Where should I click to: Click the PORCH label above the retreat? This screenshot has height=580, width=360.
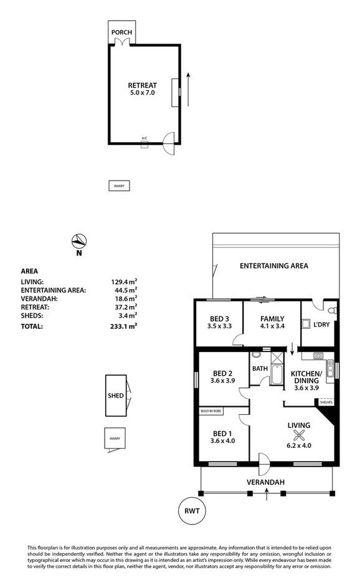click(121, 32)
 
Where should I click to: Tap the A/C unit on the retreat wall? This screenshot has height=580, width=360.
click(144, 145)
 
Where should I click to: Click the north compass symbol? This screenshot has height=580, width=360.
click(79, 242)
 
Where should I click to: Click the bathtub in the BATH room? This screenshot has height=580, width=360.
click(277, 377)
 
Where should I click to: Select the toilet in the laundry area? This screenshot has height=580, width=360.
click(331, 310)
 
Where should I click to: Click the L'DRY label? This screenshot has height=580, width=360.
click(321, 324)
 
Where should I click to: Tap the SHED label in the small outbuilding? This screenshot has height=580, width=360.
click(115, 396)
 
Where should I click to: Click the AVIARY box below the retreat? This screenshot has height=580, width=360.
click(119, 186)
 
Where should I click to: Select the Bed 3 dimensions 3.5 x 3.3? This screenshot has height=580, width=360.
click(219, 326)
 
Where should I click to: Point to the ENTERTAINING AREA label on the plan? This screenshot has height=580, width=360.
click(274, 266)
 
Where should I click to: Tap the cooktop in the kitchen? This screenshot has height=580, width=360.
click(318, 356)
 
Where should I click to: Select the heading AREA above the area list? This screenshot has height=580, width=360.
click(30, 271)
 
